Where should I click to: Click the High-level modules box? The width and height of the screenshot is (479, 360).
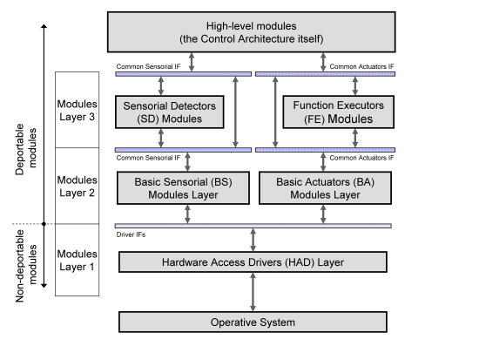pyautogui.click(x=251, y=32)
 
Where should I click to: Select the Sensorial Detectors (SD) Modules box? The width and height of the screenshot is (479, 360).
pyautogui.click(x=170, y=112)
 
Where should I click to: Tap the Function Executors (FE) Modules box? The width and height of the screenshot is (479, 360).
pyautogui.click(x=339, y=112)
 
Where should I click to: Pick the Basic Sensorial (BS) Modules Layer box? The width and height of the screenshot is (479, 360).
pyautogui.click(x=183, y=187)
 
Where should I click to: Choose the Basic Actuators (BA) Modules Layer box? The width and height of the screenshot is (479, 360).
pyautogui.click(x=325, y=187)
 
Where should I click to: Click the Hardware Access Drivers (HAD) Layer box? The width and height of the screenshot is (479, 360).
pyautogui.click(x=253, y=262)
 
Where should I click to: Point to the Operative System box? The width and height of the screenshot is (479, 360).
pyautogui.click(x=253, y=322)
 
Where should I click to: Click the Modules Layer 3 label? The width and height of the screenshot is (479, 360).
pyautogui.click(x=77, y=111)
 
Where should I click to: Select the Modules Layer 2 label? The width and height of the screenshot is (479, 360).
pyautogui.click(x=77, y=187)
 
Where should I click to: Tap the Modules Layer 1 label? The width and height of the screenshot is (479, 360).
pyautogui.click(x=77, y=261)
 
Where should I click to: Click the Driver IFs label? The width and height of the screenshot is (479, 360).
pyautogui.click(x=131, y=234)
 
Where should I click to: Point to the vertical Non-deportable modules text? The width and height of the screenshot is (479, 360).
pyautogui.click(x=25, y=266)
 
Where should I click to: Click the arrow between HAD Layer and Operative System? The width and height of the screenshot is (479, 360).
pyautogui.click(x=253, y=292)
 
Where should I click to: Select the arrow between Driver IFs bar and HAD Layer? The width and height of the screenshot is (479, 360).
pyautogui.click(x=253, y=240)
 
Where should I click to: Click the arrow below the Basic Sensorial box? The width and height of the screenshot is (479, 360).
pyautogui.click(x=187, y=214)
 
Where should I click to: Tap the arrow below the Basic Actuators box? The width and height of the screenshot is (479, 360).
pyautogui.click(x=323, y=214)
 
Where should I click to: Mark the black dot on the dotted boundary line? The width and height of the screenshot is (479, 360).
pyautogui.click(x=44, y=224)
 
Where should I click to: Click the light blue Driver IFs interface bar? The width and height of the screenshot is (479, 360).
pyautogui.click(x=253, y=226)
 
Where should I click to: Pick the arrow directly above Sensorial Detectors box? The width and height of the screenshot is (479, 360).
pyautogui.click(x=161, y=86)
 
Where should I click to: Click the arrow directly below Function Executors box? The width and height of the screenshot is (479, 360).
pyautogui.click(x=355, y=138)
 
